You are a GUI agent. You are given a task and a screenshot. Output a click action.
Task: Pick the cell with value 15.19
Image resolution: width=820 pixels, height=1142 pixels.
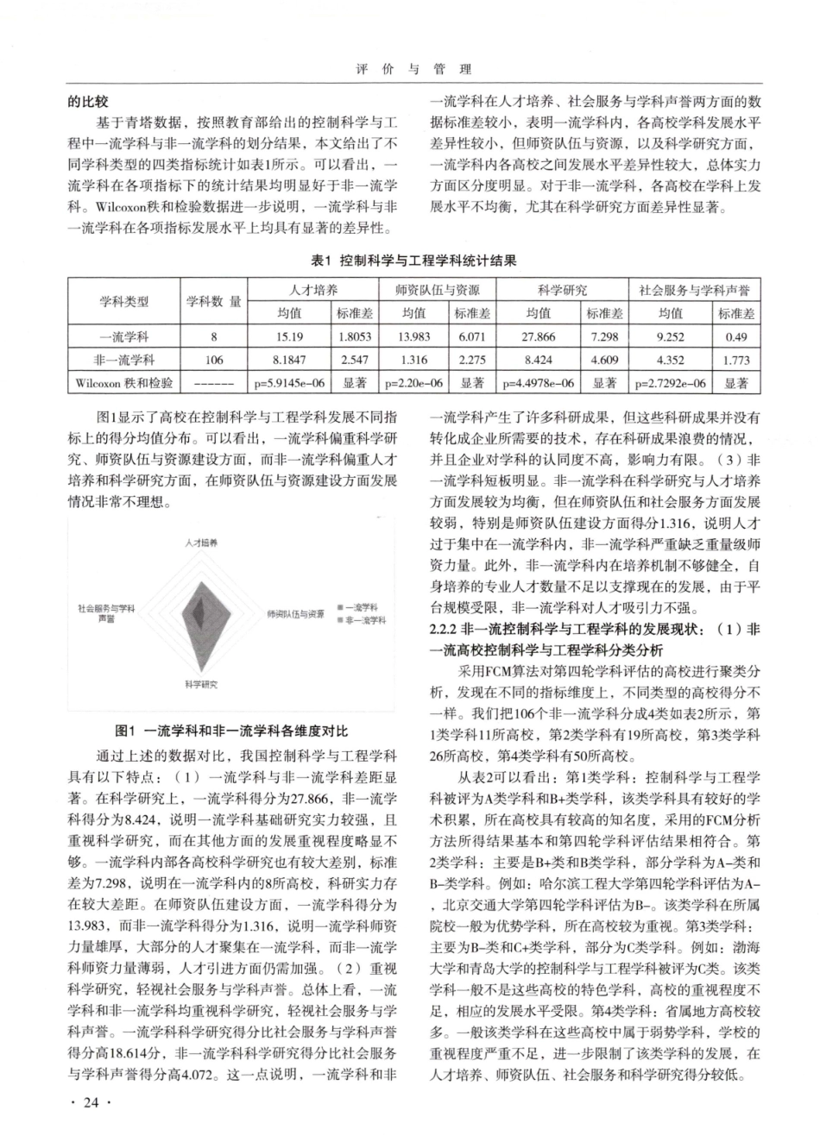(x=289, y=337)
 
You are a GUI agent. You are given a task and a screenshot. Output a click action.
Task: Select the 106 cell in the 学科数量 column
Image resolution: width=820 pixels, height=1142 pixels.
(x=213, y=361)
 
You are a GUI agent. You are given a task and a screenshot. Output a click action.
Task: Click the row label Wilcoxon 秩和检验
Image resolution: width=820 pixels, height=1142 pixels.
(x=123, y=383)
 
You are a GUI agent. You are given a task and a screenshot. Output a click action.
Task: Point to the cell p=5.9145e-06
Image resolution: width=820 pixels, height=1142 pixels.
(x=289, y=383)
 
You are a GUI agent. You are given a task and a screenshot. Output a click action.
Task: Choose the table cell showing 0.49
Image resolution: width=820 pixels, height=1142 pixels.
(x=736, y=337)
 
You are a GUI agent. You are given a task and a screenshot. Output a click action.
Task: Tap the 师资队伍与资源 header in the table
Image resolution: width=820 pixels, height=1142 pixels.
(x=438, y=290)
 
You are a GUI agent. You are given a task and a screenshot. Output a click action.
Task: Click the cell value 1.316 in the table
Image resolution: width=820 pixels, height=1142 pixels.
(x=414, y=361)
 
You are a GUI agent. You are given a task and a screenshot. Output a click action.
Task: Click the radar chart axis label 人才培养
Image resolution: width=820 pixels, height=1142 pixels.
(x=201, y=543)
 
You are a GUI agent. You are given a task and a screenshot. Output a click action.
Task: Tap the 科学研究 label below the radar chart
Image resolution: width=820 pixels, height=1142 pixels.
(x=200, y=684)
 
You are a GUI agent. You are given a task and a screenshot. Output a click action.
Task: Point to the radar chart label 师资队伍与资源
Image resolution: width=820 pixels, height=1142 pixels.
(x=295, y=614)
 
